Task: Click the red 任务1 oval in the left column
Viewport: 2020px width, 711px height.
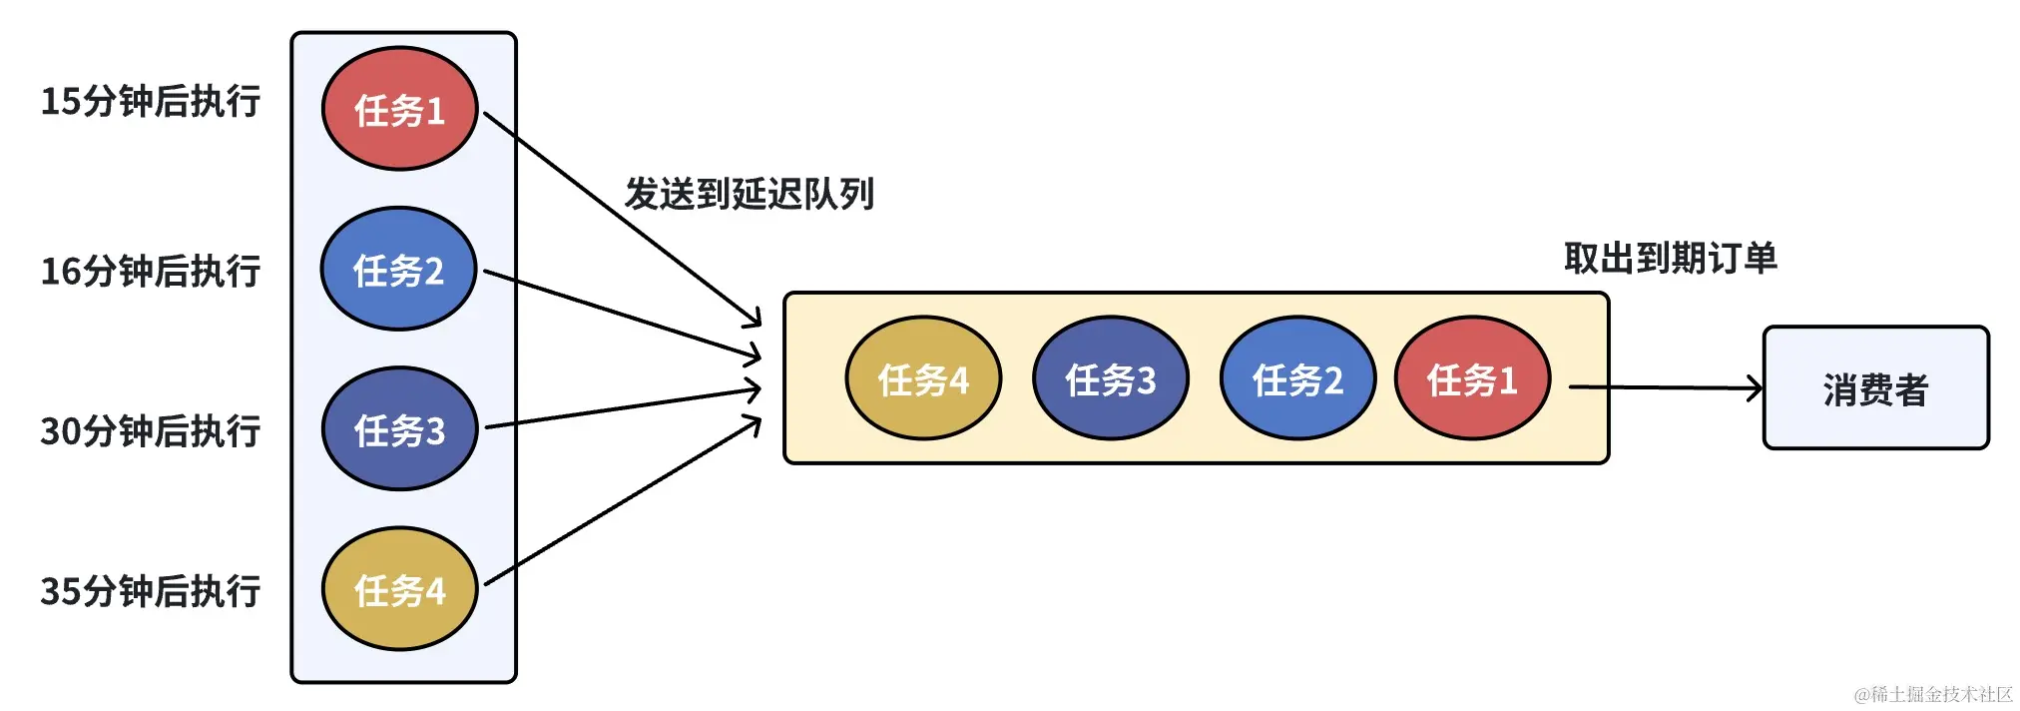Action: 399,109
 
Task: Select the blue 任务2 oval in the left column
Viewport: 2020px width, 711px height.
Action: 398,270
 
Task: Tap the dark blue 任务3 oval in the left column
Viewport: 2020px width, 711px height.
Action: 399,429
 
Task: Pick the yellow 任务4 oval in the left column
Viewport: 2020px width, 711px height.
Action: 399,589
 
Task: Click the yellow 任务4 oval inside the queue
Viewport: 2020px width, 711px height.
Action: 923,378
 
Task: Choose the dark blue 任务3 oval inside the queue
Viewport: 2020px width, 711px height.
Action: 1110,378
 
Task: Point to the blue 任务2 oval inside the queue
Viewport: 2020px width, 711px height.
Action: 1297,378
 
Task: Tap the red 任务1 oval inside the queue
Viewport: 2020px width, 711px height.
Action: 1472,378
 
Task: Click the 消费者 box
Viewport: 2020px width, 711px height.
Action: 1875,387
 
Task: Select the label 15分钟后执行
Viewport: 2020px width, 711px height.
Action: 150,101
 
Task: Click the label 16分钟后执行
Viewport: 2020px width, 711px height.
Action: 150,271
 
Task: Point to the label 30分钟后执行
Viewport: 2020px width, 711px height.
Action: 150,431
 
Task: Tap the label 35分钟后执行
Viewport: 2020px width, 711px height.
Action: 150,591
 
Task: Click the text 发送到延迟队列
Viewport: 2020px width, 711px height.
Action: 749,194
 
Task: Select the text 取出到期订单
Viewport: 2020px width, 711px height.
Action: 1670,259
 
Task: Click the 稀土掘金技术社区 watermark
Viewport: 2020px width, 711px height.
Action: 1933,694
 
